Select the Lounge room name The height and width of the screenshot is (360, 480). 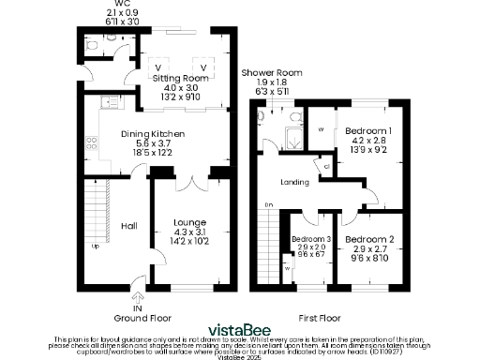pyautogui.click(x=190, y=222)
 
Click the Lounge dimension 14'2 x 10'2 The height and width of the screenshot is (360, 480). pyautogui.click(x=190, y=241)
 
